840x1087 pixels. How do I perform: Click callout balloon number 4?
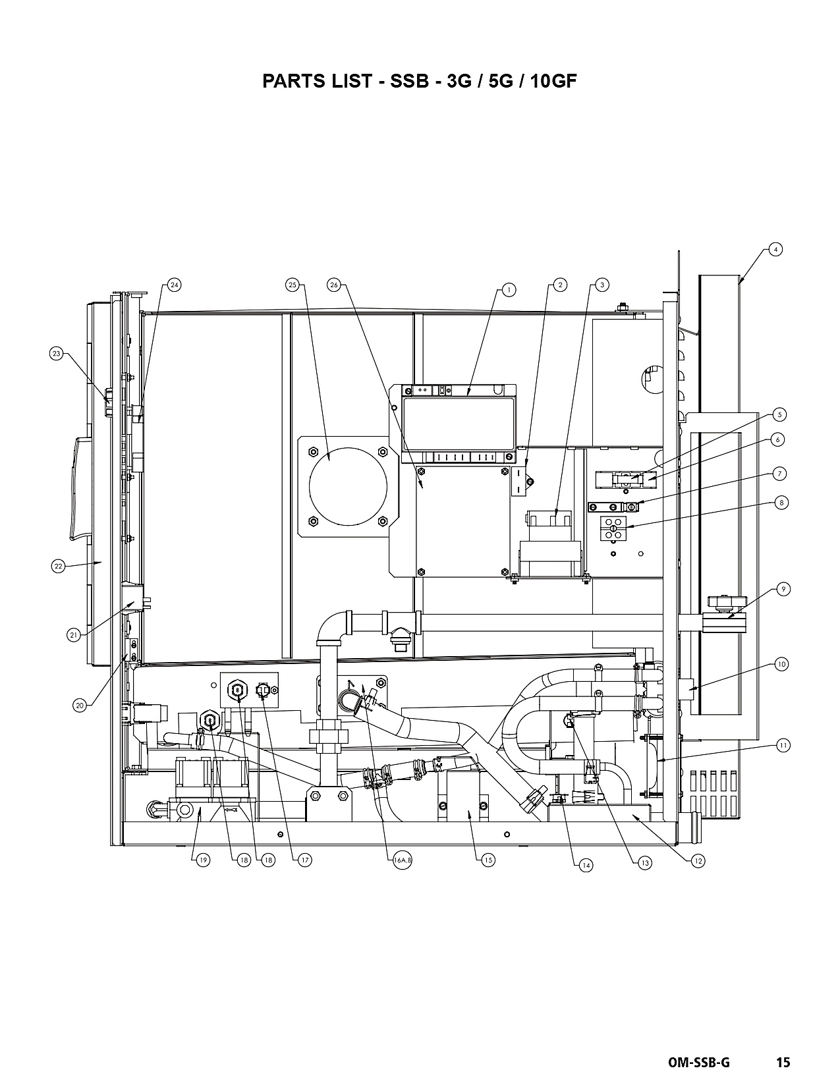pos(775,249)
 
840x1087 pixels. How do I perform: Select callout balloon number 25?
pos(293,285)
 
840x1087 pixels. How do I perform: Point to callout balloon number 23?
pos(57,354)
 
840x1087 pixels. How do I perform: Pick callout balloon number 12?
pos(698,861)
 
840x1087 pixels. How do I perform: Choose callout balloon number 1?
pos(509,290)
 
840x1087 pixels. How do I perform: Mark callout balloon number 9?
pos(783,589)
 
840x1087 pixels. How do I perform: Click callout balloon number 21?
pos(74,635)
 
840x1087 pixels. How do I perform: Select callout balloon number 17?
pos(304,860)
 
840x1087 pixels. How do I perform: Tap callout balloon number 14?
pos(586,865)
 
